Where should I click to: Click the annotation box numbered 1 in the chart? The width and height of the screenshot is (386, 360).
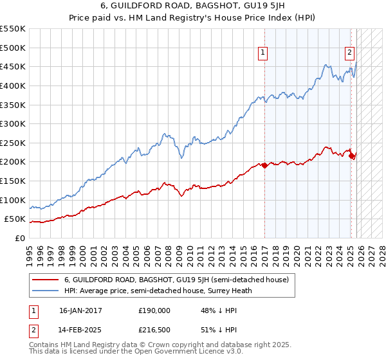point(264,53)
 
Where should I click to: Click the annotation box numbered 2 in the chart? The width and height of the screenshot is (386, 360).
point(349,53)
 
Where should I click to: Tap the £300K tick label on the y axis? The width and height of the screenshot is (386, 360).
point(14,123)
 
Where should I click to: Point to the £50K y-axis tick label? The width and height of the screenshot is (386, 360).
point(15,219)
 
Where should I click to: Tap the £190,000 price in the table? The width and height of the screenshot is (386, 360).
point(154,310)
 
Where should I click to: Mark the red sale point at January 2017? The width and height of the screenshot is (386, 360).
point(264,165)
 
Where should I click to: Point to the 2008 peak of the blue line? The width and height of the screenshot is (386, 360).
point(165,134)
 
